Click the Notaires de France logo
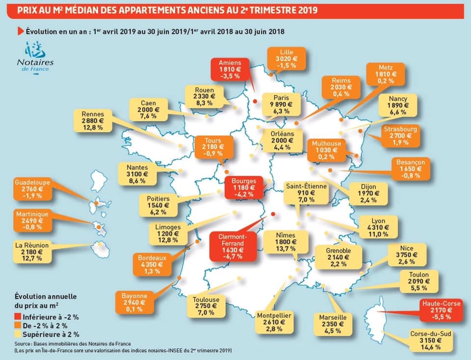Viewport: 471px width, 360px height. pos(35,57)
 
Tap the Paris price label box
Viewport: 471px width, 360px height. pos(281,104)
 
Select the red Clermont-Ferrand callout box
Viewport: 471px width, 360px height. pos(233,247)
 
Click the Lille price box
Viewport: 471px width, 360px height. pos(286,58)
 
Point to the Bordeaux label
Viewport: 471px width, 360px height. pos(152,264)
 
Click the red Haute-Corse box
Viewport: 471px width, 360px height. pos(441,310)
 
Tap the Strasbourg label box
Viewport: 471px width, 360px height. pos(400,136)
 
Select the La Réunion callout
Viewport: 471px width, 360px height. pos(32,252)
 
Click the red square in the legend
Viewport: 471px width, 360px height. pos(18,317)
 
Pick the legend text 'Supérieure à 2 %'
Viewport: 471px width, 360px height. pos(51,334)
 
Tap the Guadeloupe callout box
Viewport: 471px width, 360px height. pos(32,189)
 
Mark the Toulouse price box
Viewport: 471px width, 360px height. pos(206,306)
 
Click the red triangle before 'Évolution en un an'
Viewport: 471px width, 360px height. pos(21,31)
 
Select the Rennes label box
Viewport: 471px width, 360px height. pos(93,121)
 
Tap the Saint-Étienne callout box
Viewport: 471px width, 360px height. pos(306,193)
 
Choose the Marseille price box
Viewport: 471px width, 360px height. pos(333,324)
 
